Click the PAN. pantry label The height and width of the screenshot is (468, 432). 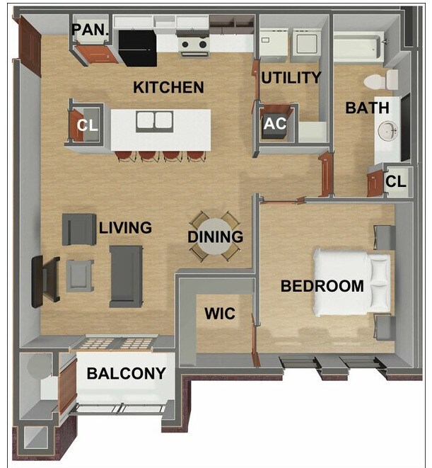click(91, 30)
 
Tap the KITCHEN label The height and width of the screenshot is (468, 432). click(168, 88)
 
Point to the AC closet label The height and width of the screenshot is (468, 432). click(275, 124)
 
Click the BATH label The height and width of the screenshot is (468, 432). click(366, 108)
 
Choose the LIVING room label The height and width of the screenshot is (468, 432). click(125, 227)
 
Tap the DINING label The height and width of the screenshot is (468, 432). click(215, 237)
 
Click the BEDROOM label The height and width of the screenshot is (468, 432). click(322, 286)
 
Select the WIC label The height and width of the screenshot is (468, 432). click(219, 313)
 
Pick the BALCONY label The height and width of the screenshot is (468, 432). click(127, 373)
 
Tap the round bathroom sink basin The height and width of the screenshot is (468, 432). click(387, 130)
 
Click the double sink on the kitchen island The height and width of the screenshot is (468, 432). click(155, 120)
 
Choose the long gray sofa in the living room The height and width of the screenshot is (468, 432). click(127, 276)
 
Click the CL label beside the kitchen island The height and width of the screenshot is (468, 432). click(87, 125)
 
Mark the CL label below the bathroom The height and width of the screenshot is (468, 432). click(395, 181)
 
